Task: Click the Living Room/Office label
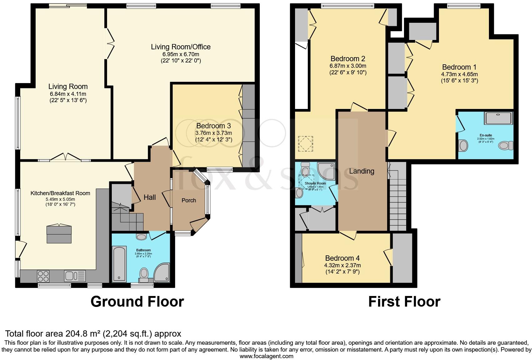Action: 180,47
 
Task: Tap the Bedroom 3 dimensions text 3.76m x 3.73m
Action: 214,133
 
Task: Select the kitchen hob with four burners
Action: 43,276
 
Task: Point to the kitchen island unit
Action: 59,234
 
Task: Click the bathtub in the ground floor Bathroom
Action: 119,264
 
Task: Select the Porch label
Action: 189,200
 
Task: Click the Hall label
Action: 150,197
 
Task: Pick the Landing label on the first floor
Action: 362,171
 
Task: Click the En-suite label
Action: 486,136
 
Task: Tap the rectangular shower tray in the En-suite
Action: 499,118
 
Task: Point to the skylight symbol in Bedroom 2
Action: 306,144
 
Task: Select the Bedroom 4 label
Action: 342,258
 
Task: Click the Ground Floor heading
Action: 137,302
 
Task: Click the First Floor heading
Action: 404,302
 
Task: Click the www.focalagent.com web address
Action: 266,356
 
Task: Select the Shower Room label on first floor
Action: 315,183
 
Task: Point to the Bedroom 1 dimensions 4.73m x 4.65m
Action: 459,74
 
